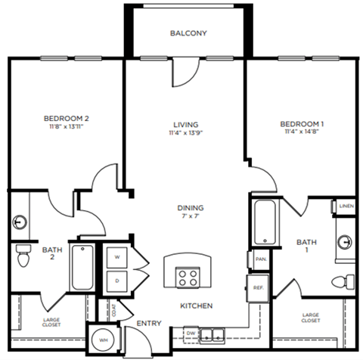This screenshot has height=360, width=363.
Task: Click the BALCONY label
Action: (x=188, y=34)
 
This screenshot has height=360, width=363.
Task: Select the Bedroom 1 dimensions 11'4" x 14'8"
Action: (x=302, y=132)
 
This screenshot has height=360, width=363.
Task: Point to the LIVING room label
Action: (x=185, y=124)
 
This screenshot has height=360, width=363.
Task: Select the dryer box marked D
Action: (x=116, y=280)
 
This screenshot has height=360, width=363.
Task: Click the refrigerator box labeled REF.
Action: (x=258, y=287)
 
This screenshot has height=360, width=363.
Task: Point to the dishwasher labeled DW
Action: (x=192, y=332)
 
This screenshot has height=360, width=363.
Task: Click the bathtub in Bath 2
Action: (x=81, y=268)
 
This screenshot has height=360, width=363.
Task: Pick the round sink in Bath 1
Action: (x=346, y=242)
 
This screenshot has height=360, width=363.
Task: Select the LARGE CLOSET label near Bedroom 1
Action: (x=310, y=317)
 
